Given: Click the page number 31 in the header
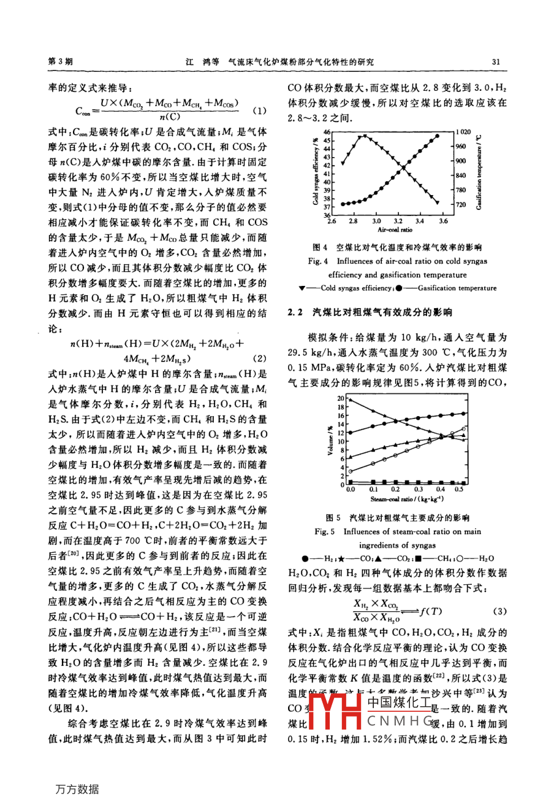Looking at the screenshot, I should (x=496, y=61).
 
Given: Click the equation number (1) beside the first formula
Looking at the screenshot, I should (x=259, y=111).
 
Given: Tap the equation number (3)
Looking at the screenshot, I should (x=499, y=611).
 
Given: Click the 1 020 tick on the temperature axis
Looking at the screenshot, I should (x=463, y=132).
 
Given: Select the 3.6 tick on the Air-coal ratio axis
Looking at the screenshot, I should (x=442, y=221).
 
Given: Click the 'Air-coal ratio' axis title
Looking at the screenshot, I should (x=395, y=229).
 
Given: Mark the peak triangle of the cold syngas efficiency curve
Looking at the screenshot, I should (x=365, y=136).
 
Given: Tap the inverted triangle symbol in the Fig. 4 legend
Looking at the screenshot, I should (x=302, y=288).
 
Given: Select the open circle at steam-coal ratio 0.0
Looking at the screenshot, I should (x=350, y=471).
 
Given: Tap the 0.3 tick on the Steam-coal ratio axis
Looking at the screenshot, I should (x=418, y=489).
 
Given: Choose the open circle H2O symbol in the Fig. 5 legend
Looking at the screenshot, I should (x=471, y=559).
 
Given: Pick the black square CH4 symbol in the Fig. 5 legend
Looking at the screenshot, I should (x=417, y=559).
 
